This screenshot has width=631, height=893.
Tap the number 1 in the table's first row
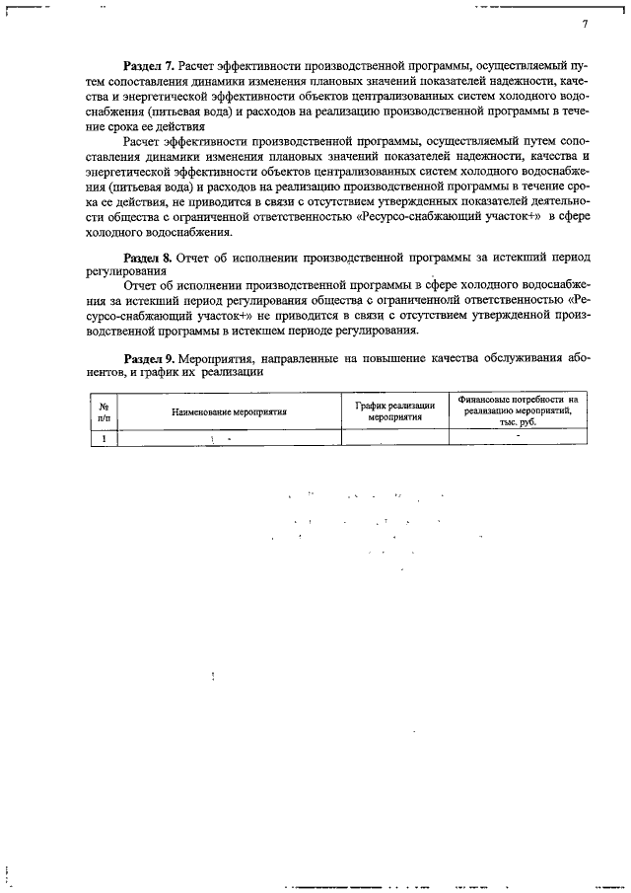pos(103,437)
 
